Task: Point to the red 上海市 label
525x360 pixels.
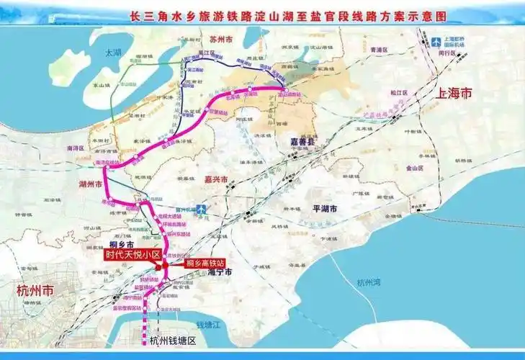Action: point(454,93)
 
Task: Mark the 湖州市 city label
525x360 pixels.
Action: point(91,184)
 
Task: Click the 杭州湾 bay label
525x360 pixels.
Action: point(368,282)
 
